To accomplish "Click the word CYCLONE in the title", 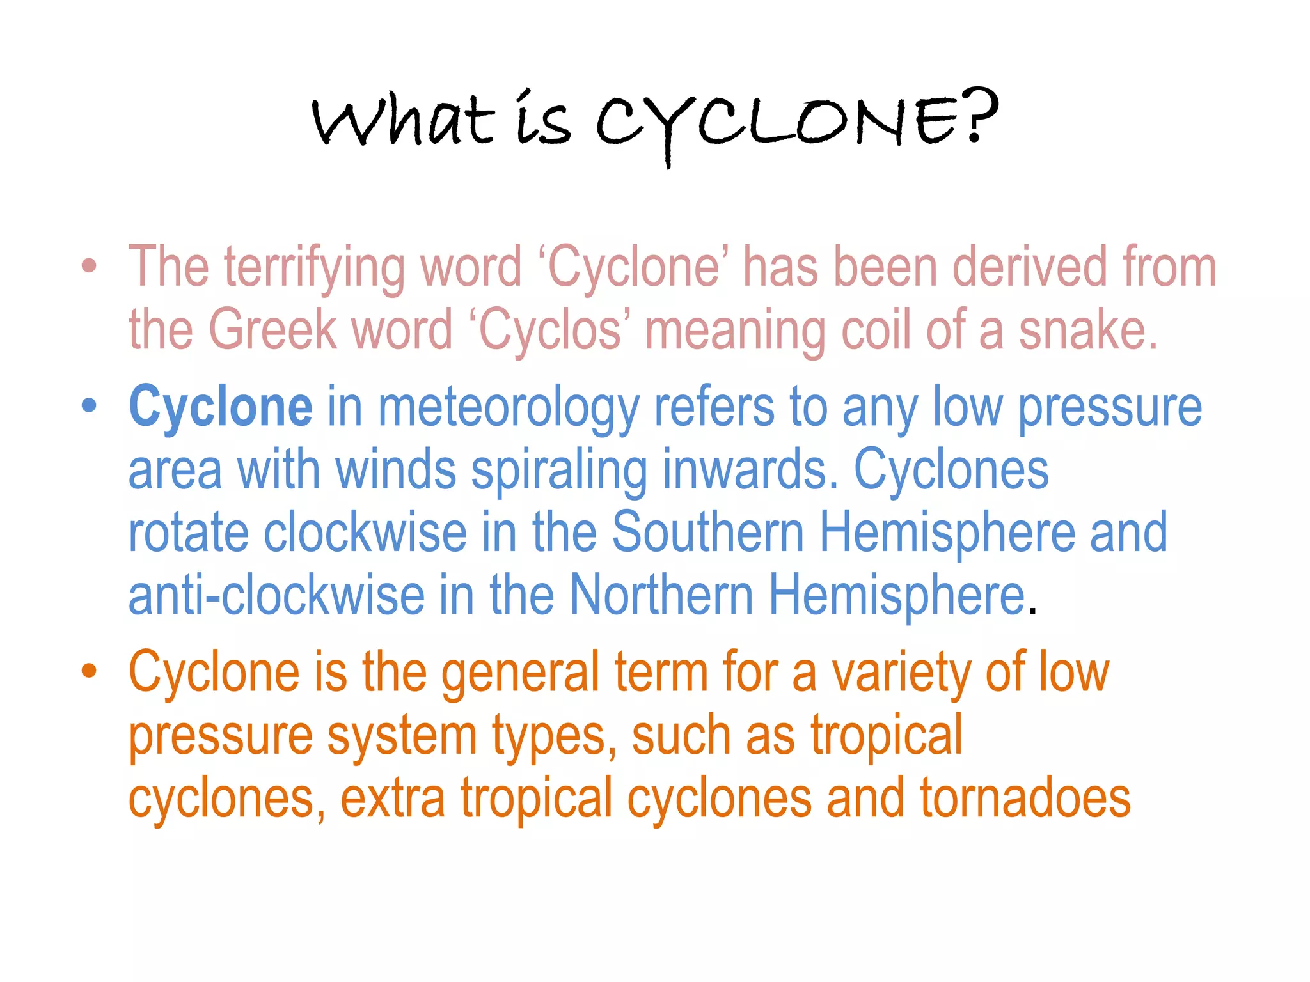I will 780,123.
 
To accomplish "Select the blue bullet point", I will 90,405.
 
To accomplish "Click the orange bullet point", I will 90,671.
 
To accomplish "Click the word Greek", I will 273,330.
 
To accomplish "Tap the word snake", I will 1087,330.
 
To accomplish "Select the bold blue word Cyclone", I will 221,407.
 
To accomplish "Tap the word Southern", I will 707,532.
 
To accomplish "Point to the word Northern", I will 661,595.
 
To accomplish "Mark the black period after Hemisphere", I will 1032,612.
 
